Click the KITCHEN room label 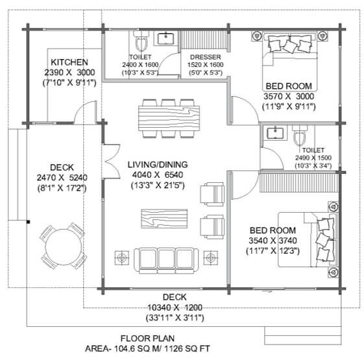click(69, 62)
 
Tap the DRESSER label click(206, 57)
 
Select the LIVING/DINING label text click(158, 165)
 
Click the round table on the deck click(64, 246)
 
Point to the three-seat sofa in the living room click(166, 260)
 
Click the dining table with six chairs click(169, 118)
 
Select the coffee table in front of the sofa click(164, 219)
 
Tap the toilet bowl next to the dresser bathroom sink click(141, 42)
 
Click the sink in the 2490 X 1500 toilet click(275, 133)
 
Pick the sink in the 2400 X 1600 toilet click(165, 38)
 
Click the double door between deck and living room click(111, 162)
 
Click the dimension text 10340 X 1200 click(175, 307)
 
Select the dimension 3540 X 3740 click(273, 241)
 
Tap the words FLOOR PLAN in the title click(147, 339)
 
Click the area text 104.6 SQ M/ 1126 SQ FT click(162, 348)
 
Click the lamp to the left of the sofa click(121, 258)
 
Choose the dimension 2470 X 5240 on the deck click(62, 178)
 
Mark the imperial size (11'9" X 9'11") click(289, 107)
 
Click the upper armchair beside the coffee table click(212, 195)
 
